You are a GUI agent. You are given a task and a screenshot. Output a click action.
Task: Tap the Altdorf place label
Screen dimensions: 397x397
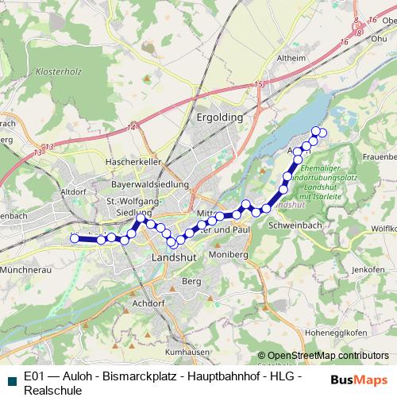pos(73,191)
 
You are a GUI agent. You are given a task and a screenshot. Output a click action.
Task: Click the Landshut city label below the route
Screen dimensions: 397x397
pos(172,260)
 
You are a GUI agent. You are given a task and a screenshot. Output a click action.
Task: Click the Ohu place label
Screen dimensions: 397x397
pos(379,37)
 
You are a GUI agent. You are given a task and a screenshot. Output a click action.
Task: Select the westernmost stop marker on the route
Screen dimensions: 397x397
pos(75,238)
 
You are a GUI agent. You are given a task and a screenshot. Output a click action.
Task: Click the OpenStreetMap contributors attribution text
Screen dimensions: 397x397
pos(328,356)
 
